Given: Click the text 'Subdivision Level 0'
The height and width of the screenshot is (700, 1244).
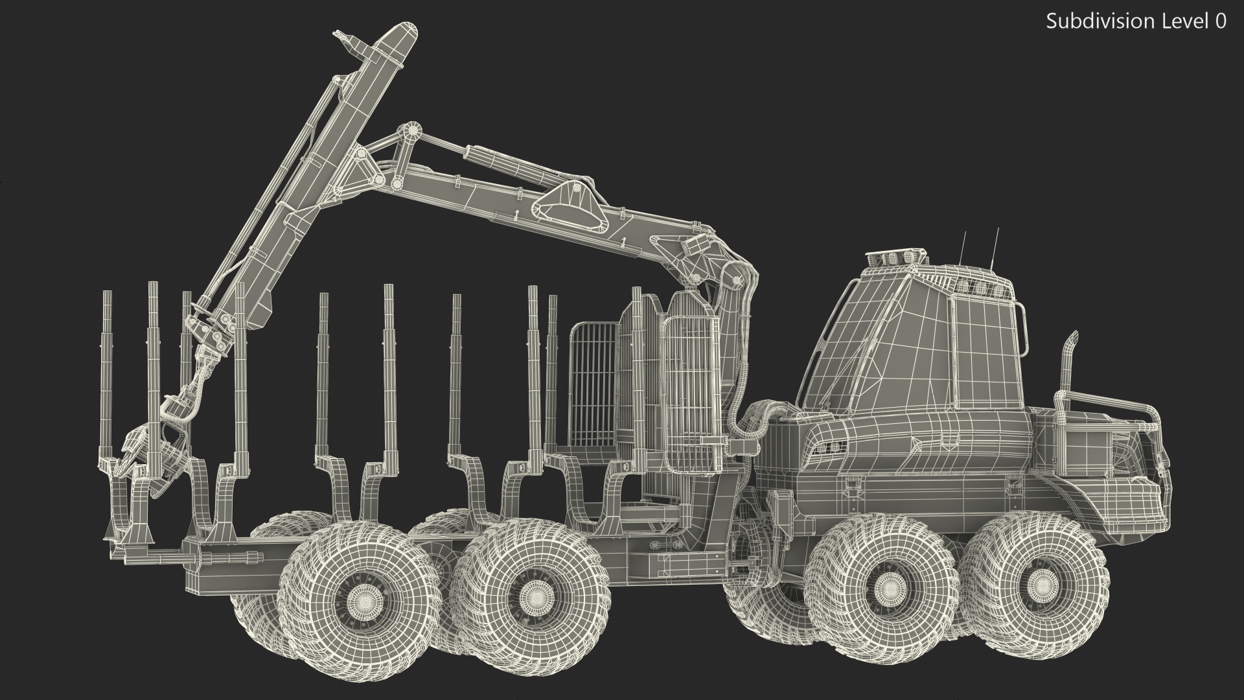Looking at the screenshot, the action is tap(1136, 21).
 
